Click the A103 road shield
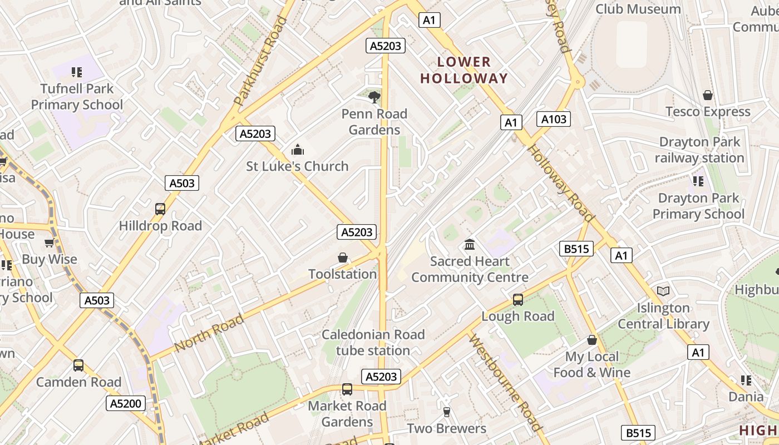coord(554,118)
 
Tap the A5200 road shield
coord(126,403)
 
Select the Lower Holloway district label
coord(464,70)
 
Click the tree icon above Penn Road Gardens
coord(374,97)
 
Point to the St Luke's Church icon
coord(298,150)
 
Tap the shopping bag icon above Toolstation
coord(343,258)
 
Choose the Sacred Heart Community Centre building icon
coord(470,245)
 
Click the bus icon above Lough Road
coord(518,300)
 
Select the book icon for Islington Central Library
coord(663,291)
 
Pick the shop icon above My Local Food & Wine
coord(592,340)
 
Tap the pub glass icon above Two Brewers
coord(446,412)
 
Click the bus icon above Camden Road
coord(78,365)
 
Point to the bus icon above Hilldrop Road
coord(160,209)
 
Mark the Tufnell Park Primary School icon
coord(77,72)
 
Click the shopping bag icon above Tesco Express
coord(708,95)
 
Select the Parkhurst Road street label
coord(260,61)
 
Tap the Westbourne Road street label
coord(505,383)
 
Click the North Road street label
coord(209,333)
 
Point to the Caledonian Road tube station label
coord(373,343)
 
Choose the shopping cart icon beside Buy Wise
coord(50,243)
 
